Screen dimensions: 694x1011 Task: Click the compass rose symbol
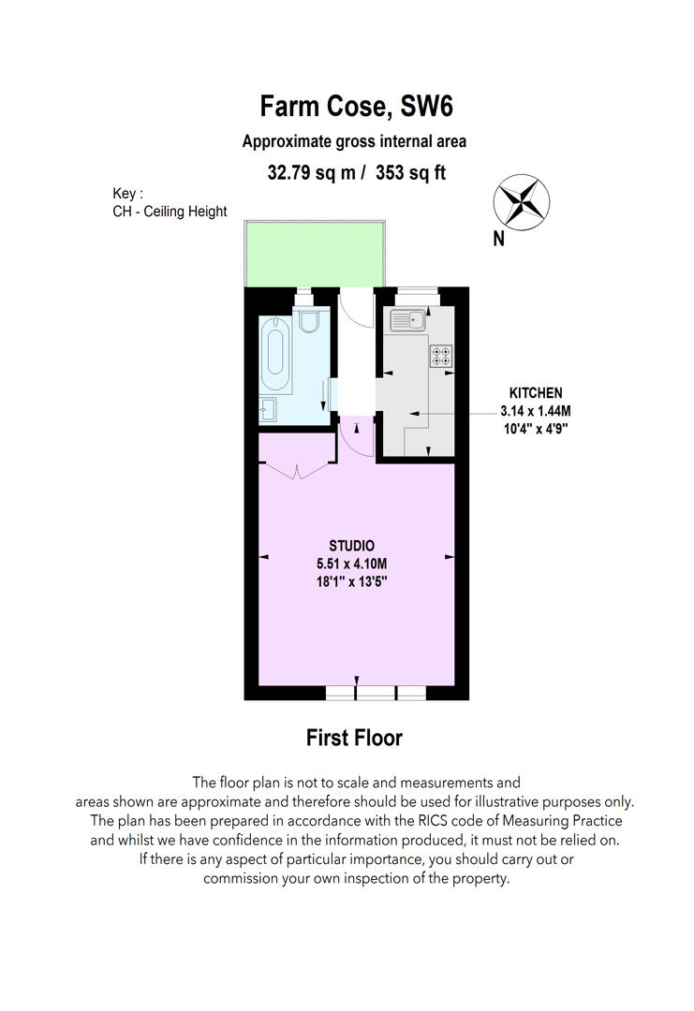click(521, 202)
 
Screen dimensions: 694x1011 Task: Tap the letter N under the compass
click(498, 240)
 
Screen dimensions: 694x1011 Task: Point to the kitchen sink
click(407, 320)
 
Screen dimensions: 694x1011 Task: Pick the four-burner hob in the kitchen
click(441, 357)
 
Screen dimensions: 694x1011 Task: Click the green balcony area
click(315, 254)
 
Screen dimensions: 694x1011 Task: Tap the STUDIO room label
click(351, 546)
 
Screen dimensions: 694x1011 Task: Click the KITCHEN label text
click(536, 392)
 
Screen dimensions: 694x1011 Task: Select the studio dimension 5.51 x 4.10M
click(351, 564)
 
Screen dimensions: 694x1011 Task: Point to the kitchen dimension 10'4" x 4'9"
click(536, 428)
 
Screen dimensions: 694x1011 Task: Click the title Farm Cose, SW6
click(356, 107)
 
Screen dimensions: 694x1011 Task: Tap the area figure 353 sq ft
click(411, 173)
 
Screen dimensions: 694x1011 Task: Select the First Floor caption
click(354, 738)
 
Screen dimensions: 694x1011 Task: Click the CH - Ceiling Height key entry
click(170, 212)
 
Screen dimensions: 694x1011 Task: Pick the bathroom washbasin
click(268, 409)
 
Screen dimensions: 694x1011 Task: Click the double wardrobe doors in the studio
click(297, 471)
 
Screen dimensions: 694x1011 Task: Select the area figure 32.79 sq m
click(311, 173)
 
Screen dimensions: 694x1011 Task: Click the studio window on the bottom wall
click(376, 693)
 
